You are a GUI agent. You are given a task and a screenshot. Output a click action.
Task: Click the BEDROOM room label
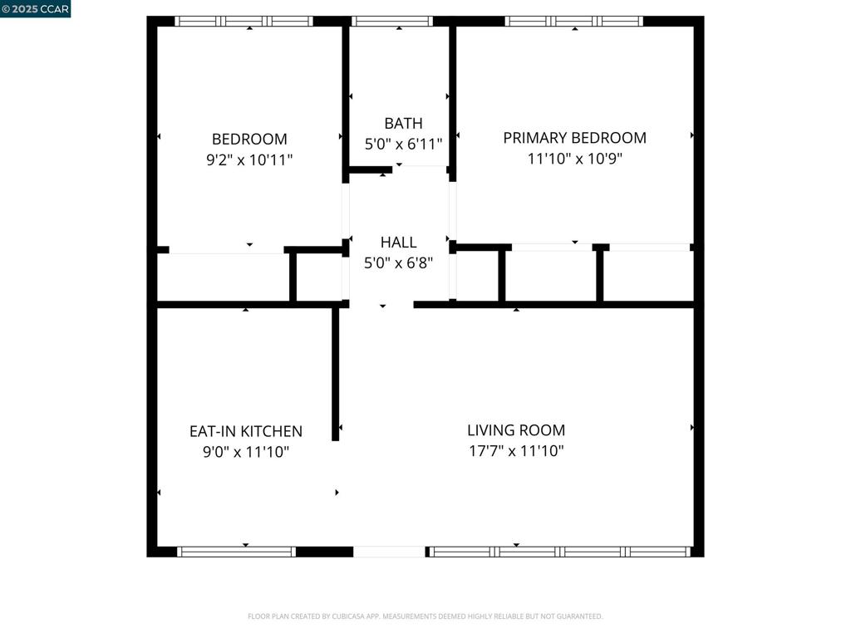pos(249,140)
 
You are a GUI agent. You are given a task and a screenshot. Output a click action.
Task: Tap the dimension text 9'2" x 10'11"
pos(249,159)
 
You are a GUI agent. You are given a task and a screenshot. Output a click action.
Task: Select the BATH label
pos(403,124)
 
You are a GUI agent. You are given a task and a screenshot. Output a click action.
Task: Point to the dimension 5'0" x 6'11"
pos(403,145)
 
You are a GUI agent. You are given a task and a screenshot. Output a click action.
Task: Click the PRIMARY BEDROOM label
pos(574,138)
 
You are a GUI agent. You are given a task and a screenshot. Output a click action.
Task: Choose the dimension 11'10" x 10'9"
pos(574,159)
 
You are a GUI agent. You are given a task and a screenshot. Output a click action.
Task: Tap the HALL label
pos(398,243)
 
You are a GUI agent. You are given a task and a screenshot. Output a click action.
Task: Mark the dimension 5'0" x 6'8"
pos(398,263)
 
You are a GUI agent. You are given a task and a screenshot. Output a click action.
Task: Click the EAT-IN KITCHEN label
pos(246,431)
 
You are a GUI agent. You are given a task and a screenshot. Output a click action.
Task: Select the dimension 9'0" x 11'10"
pos(246,452)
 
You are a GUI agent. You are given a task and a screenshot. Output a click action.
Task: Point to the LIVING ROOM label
pos(516,430)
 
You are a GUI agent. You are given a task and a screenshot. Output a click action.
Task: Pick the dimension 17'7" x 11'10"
pos(516,451)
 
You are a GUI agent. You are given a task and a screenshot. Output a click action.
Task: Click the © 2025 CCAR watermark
pos(36,8)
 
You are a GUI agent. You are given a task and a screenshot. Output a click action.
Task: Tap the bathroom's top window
pos(392,21)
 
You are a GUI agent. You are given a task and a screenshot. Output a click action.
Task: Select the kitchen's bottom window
pos(237,552)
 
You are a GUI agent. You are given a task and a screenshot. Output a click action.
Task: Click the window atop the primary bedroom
pos(574,21)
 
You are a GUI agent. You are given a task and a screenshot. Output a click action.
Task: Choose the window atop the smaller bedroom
pos(243,21)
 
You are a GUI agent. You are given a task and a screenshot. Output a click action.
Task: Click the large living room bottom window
pos(559,552)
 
